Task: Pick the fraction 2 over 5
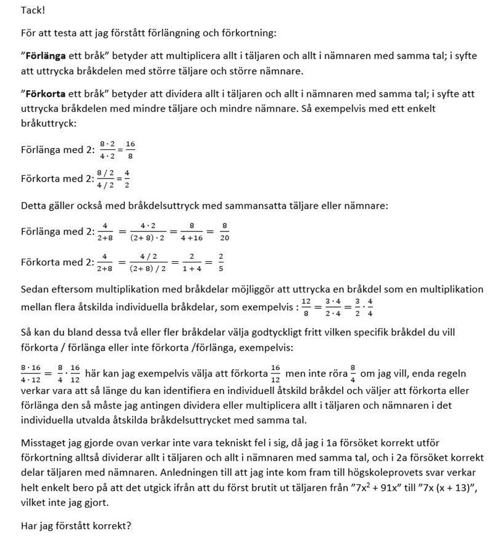coord(220,263)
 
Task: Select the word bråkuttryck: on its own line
coord(48,123)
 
